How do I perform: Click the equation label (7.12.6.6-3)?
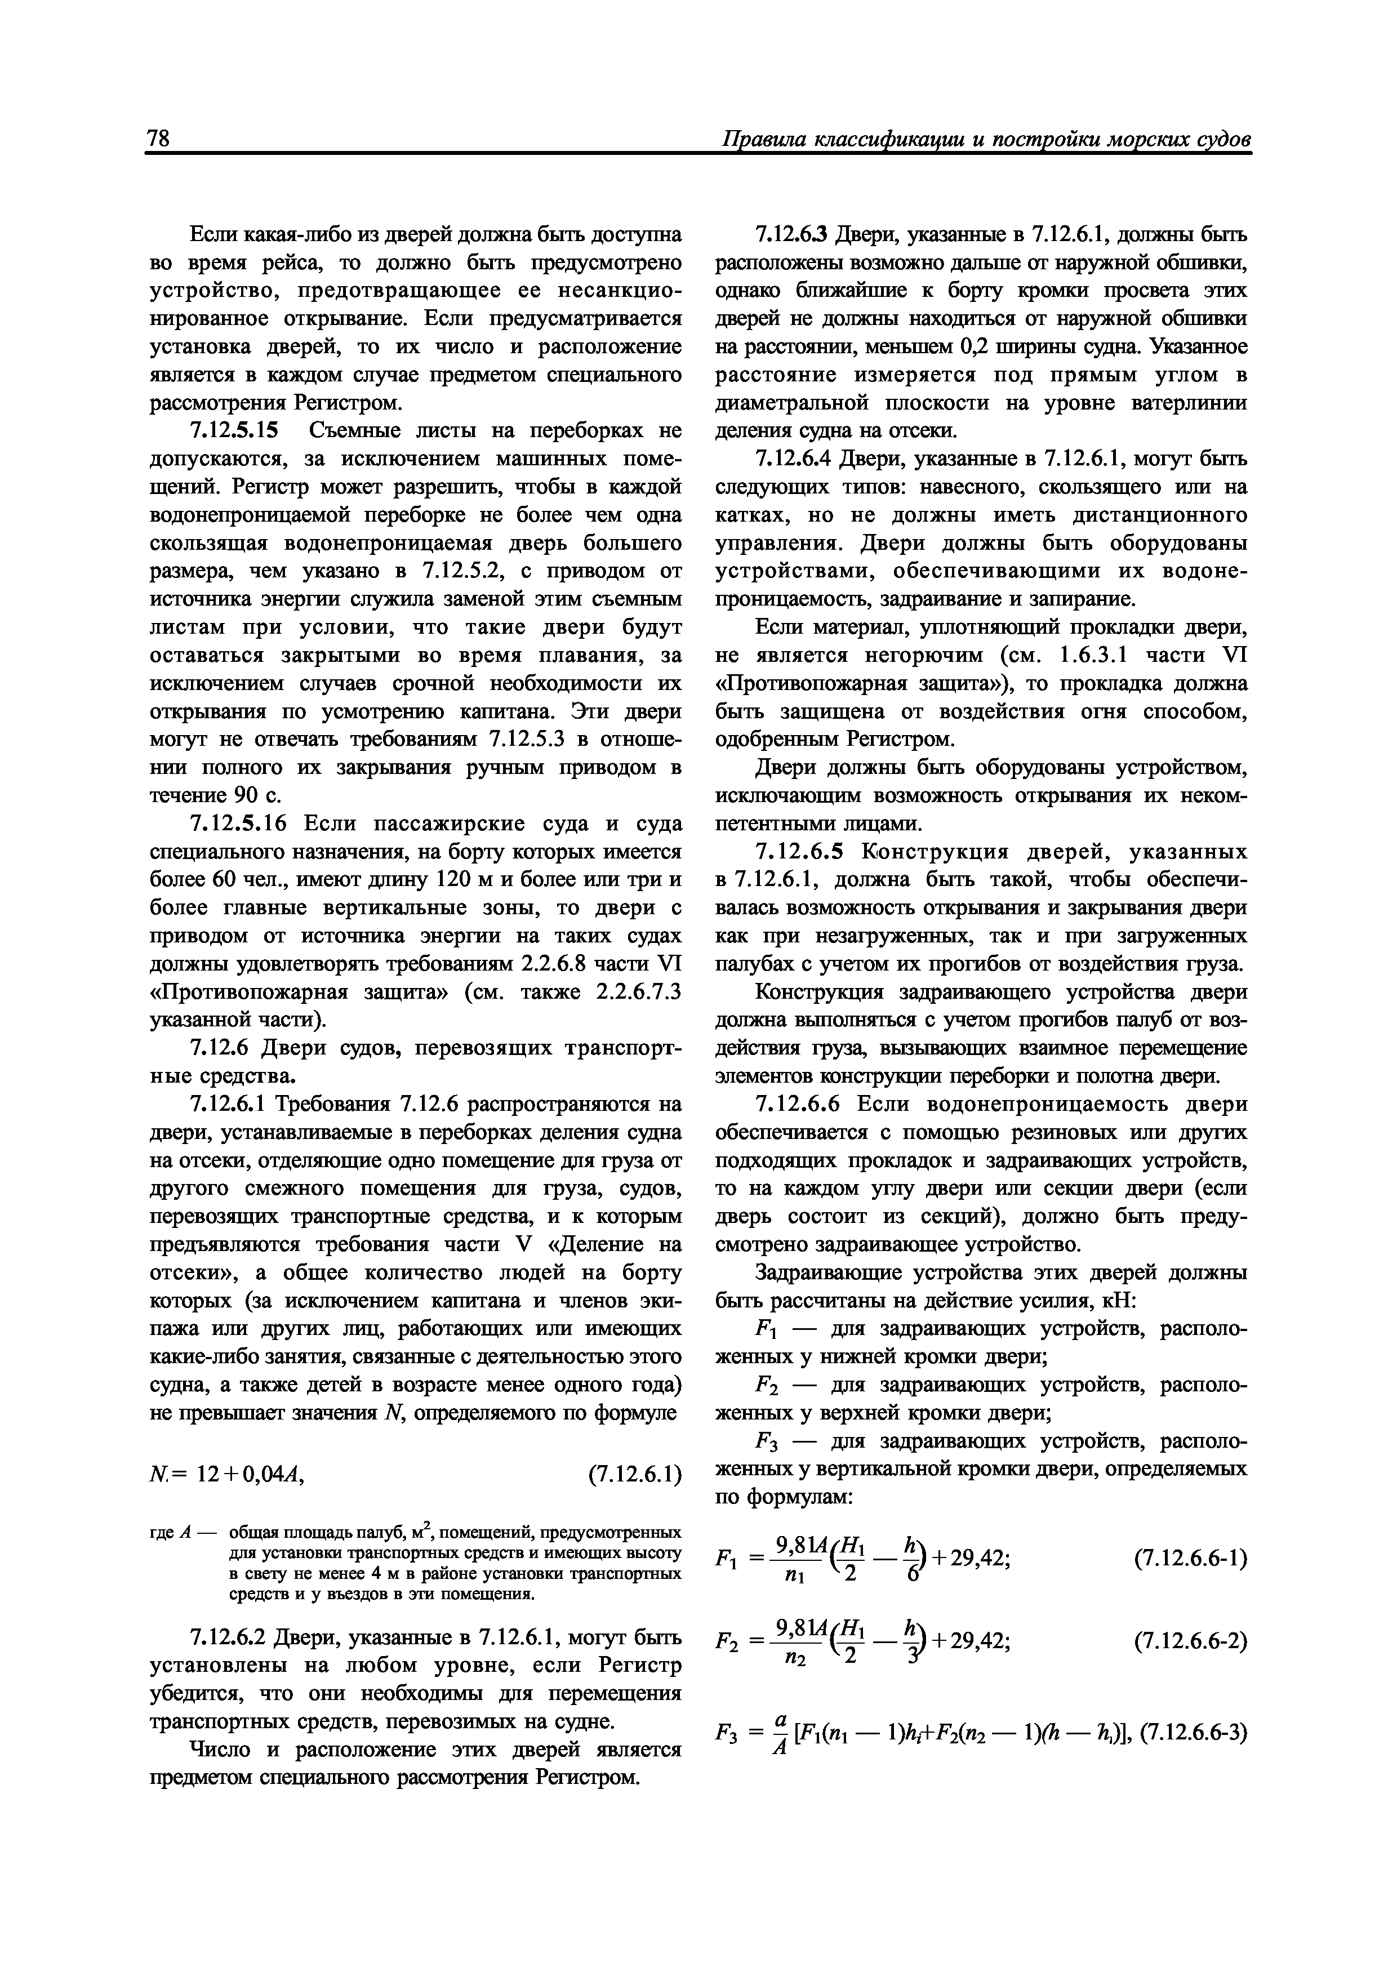pos(1193,1726)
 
